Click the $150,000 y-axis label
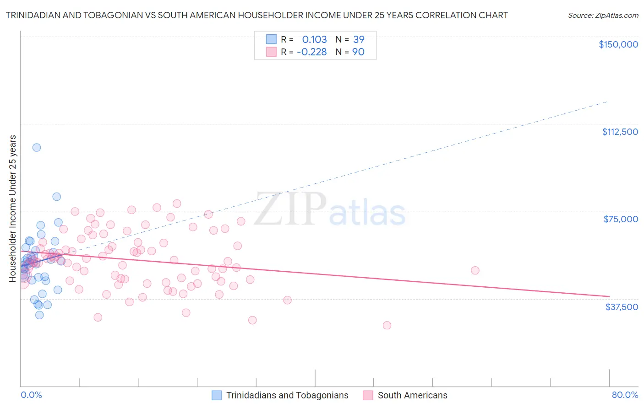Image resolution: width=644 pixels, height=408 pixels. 618,44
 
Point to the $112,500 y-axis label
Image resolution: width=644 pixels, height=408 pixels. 620,132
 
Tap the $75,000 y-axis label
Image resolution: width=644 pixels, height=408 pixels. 621,219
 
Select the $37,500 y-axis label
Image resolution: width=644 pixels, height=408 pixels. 622,307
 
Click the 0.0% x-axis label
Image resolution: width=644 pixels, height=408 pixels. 31,395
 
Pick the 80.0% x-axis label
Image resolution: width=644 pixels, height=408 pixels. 625,395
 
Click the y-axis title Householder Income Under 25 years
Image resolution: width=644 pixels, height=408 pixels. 13,208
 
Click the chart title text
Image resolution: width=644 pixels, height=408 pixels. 257,15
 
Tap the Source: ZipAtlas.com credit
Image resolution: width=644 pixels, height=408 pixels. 603,15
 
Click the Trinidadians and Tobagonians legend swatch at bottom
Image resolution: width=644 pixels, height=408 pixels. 217,395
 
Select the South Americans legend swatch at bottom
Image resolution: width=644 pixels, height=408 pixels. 368,395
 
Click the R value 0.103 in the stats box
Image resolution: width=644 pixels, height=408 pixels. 314,39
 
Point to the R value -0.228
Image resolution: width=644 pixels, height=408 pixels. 312,52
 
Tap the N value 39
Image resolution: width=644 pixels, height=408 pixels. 359,39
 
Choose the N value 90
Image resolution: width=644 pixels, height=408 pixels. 358,52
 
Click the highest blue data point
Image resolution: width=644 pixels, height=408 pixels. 37,147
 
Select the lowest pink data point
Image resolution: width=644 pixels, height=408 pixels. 387,325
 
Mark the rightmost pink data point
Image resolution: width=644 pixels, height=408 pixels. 475,270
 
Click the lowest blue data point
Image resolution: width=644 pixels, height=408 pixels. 39,315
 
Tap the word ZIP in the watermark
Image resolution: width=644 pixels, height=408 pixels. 290,209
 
